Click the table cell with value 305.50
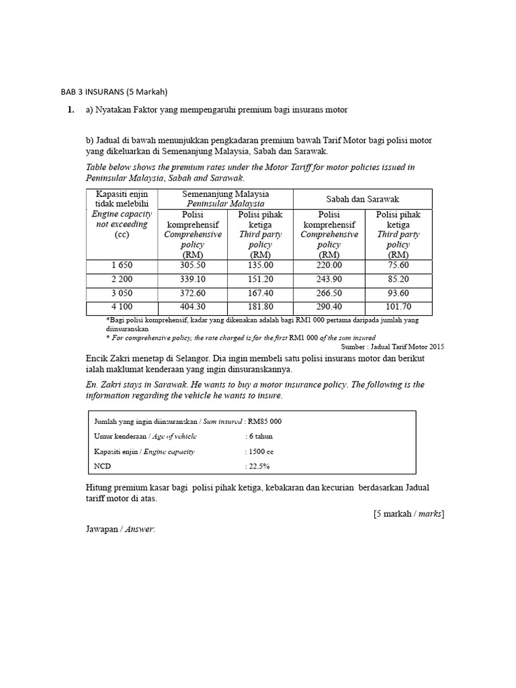coord(190,265)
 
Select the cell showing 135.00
coord(260,265)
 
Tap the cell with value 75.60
coord(398,265)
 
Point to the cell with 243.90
coord(329,279)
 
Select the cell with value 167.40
coord(260,294)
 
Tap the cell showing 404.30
coord(190,308)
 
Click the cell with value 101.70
coord(398,308)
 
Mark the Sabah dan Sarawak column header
coord(363,199)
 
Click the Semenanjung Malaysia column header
coord(225,199)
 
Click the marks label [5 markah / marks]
coord(408,514)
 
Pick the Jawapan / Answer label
coord(117,530)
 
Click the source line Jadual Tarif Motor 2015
coord(392,346)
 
